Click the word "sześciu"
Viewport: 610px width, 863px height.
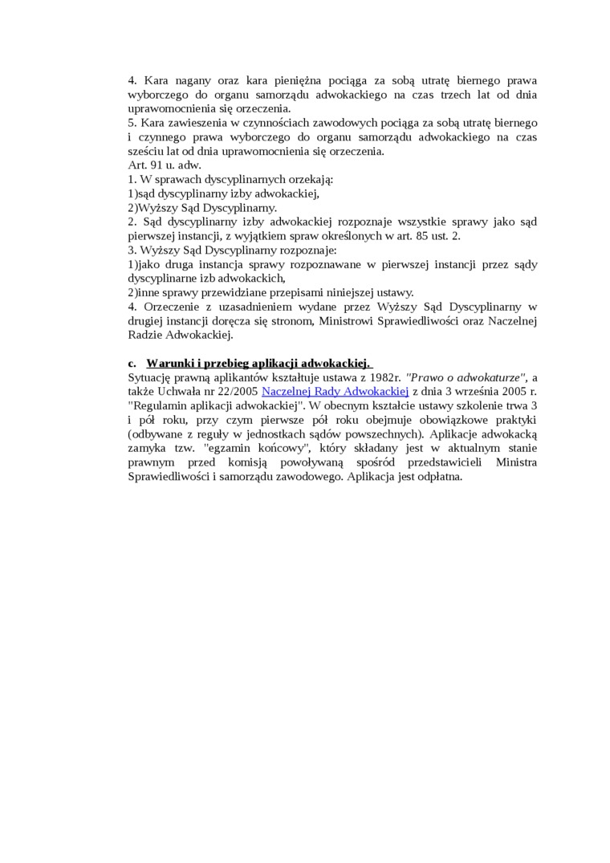click(147, 151)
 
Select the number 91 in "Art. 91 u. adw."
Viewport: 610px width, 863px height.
click(156, 165)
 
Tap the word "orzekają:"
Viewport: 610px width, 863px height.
click(310, 179)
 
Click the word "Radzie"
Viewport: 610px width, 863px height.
click(144, 335)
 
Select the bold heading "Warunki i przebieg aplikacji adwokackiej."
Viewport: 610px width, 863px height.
click(258, 363)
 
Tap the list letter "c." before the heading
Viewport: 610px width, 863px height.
click(132, 363)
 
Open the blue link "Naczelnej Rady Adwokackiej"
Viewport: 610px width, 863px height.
click(335, 391)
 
